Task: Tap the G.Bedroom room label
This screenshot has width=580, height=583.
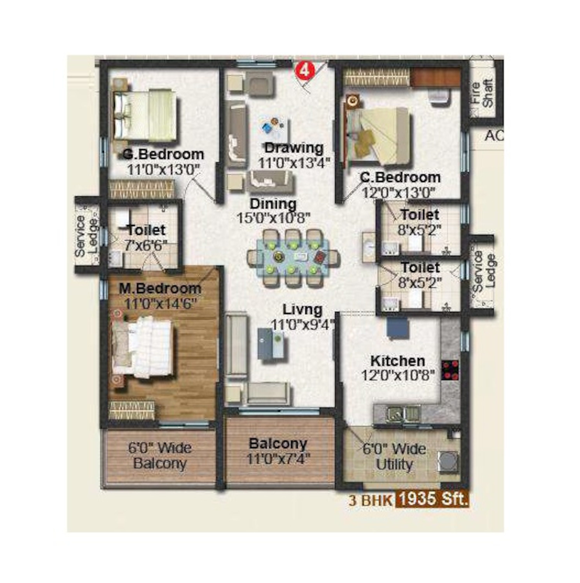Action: pyautogui.click(x=163, y=154)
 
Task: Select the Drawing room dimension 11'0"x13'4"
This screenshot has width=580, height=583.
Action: pyautogui.click(x=293, y=163)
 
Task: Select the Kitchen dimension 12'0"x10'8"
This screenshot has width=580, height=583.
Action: pyautogui.click(x=398, y=376)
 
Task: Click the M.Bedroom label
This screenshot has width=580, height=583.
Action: pyautogui.click(x=160, y=289)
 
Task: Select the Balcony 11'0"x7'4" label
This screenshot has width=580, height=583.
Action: pyautogui.click(x=278, y=451)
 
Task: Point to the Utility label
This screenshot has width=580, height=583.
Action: pyautogui.click(x=394, y=465)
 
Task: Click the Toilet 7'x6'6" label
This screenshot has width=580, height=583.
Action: pyautogui.click(x=146, y=238)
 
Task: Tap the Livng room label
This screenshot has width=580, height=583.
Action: pyautogui.click(x=302, y=310)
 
